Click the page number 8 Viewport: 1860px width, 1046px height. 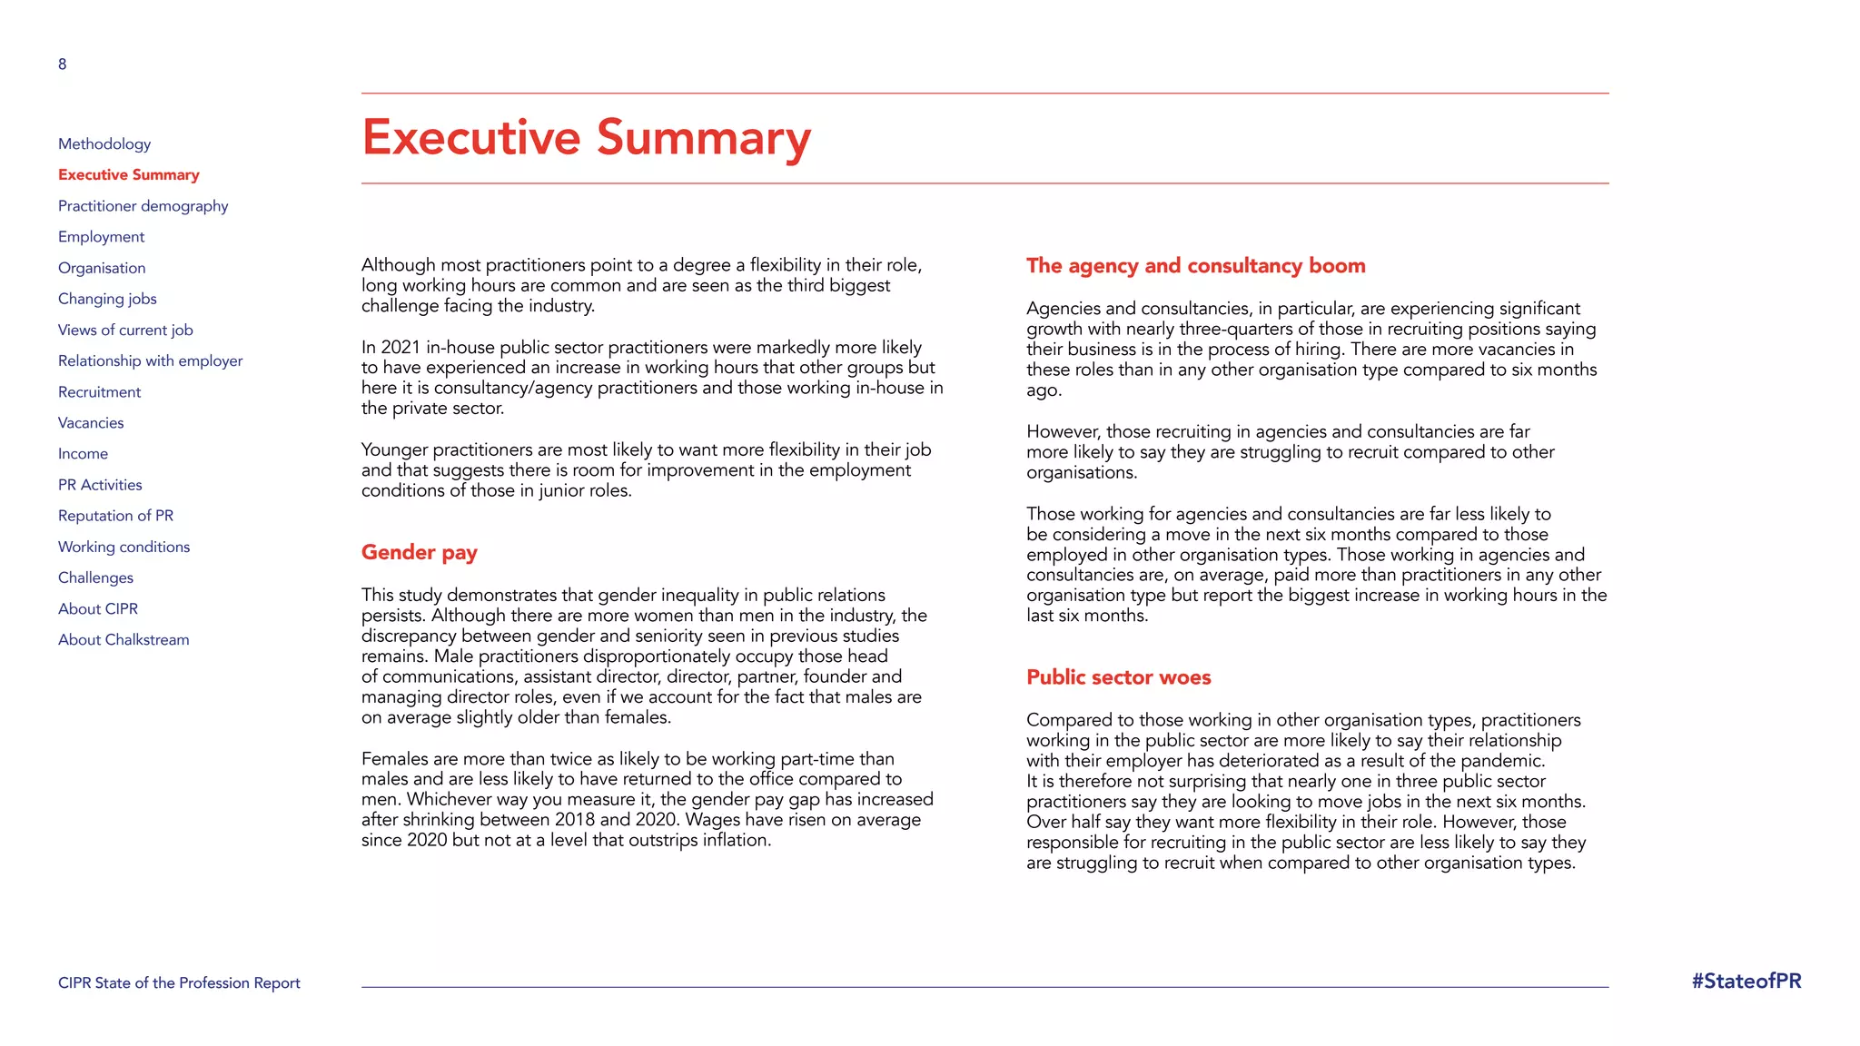click(x=62, y=64)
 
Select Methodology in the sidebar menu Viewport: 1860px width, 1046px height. click(x=104, y=143)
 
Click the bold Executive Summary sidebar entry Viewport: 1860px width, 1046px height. click(x=128, y=174)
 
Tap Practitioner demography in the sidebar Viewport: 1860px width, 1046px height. click(x=143, y=206)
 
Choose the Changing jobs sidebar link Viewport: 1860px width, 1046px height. click(x=107, y=299)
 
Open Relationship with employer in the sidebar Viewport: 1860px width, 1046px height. click(x=150, y=360)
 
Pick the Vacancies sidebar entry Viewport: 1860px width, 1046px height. click(x=91, y=423)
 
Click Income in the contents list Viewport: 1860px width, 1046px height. click(x=83, y=454)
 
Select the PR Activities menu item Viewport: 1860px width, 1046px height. click(x=100, y=485)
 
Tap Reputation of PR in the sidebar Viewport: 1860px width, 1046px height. click(x=115, y=516)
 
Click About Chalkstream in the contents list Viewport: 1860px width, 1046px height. click(x=124, y=640)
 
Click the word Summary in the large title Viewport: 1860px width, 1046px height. click(x=703, y=138)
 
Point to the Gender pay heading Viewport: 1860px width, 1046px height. click(x=419, y=552)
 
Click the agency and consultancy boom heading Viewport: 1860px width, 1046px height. click(x=1195, y=266)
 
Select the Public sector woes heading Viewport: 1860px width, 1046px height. click(x=1118, y=677)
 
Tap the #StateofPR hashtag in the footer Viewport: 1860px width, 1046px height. click(x=1746, y=982)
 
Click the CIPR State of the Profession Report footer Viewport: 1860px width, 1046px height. click(x=179, y=983)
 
